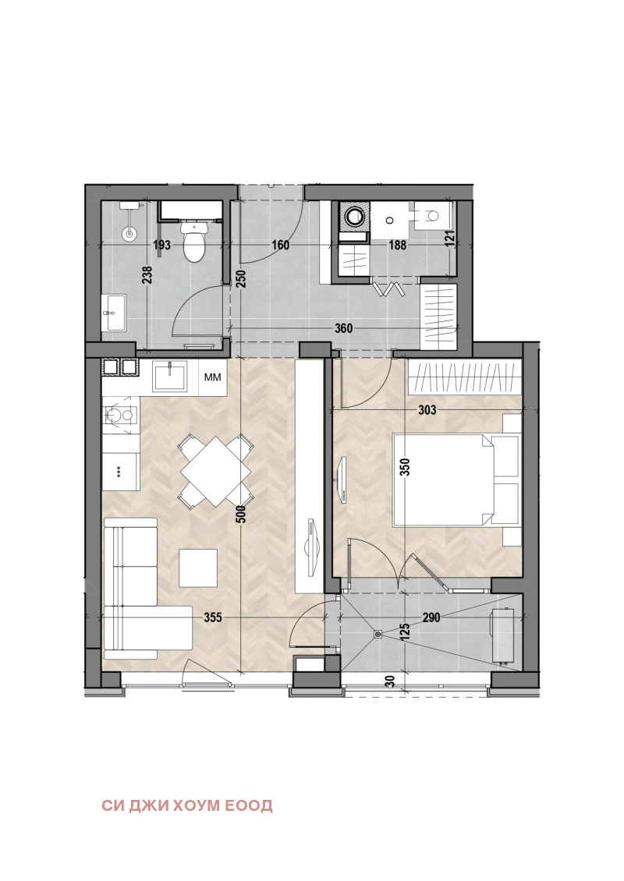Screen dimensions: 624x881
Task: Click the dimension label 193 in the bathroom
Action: pyautogui.click(x=162, y=246)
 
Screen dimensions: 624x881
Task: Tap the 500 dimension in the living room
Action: pyautogui.click(x=241, y=514)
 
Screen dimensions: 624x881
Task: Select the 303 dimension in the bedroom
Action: pyautogui.click(x=427, y=410)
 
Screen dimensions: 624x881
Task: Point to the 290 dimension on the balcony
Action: pyautogui.click(x=431, y=617)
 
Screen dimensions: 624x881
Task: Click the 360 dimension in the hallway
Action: pyautogui.click(x=343, y=328)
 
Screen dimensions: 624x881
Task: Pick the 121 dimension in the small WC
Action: pyautogui.click(x=450, y=239)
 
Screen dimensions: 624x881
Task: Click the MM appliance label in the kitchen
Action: pyautogui.click(x=212, y=377)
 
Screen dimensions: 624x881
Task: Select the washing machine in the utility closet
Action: pyautogui.click(x=354, y=216)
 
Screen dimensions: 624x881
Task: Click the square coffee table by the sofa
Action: pyautogui.click(x=198, y=568)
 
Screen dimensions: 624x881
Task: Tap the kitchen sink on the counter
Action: pyautogui.click(x=170, y=377)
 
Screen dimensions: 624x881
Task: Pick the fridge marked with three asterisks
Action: pyautogui.click(x=121, y=471)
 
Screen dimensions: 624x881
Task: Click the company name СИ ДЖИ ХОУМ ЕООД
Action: pyautogui.click(x=187, y=805)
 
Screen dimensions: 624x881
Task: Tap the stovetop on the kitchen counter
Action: pyautogui.click(x=120, y=416)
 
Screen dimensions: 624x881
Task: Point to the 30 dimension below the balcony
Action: pyautogui.click(x=390, y=681)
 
